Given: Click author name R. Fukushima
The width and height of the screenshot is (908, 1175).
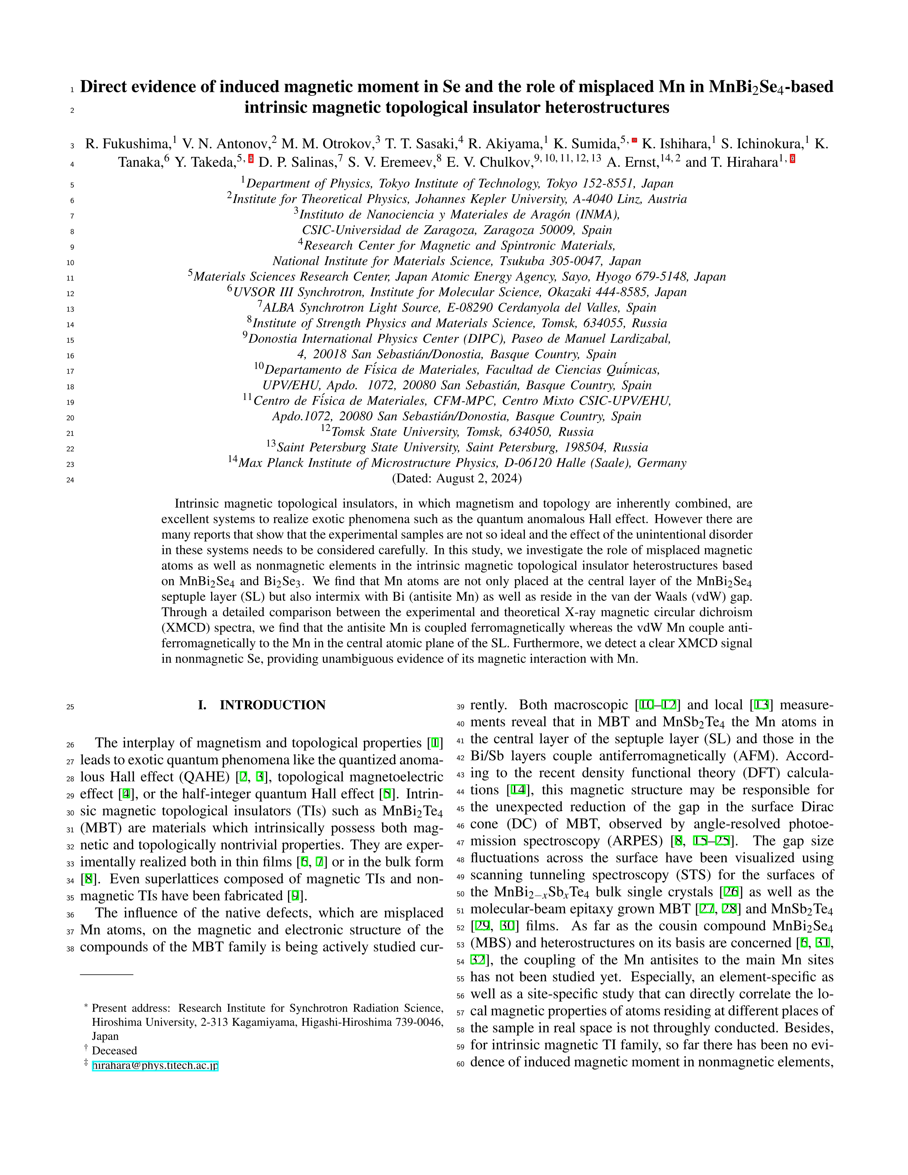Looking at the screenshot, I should coord(127,144).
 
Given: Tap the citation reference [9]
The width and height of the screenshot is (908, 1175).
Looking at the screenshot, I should coord(295,896).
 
